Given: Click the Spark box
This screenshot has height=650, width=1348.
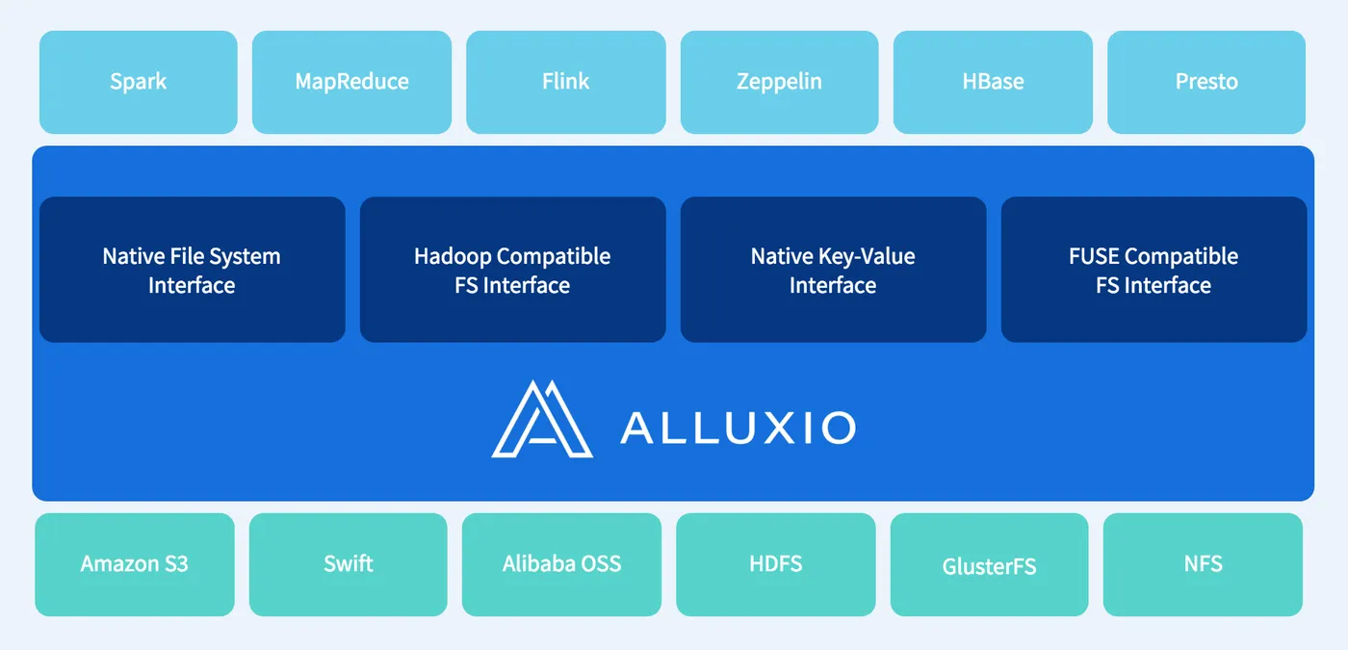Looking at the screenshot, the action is point(139,83).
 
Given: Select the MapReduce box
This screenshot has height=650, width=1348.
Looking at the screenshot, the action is point(352,83).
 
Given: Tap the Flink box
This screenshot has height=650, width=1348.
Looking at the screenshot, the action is point(566,83).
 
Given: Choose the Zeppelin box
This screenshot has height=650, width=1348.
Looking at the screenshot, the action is point(779,83).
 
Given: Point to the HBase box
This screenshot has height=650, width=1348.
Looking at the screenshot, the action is point(993,83).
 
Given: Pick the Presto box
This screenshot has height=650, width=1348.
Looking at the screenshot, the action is point(1206,83).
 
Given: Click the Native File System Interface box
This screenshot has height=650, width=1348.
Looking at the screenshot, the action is point(193,270).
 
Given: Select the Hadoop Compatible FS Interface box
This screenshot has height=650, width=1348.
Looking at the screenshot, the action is point(512,270).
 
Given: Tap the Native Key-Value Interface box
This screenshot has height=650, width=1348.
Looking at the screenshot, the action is point(834,270).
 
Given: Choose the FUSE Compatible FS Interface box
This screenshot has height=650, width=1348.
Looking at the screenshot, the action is point(1154,270).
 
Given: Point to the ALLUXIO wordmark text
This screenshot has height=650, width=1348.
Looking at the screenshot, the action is point(738,428).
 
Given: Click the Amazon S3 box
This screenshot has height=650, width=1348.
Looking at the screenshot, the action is point(135,564).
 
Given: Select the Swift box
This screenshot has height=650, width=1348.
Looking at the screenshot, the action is point(349,564).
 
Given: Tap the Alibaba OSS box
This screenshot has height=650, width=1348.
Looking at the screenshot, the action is point(561,564).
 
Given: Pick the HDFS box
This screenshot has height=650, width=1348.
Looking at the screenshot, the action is point(776,564).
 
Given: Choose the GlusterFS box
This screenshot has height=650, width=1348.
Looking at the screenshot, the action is point(990,564).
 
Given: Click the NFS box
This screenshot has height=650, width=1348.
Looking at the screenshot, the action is point(1203,564).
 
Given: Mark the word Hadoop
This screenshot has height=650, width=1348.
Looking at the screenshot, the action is point(453,257).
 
